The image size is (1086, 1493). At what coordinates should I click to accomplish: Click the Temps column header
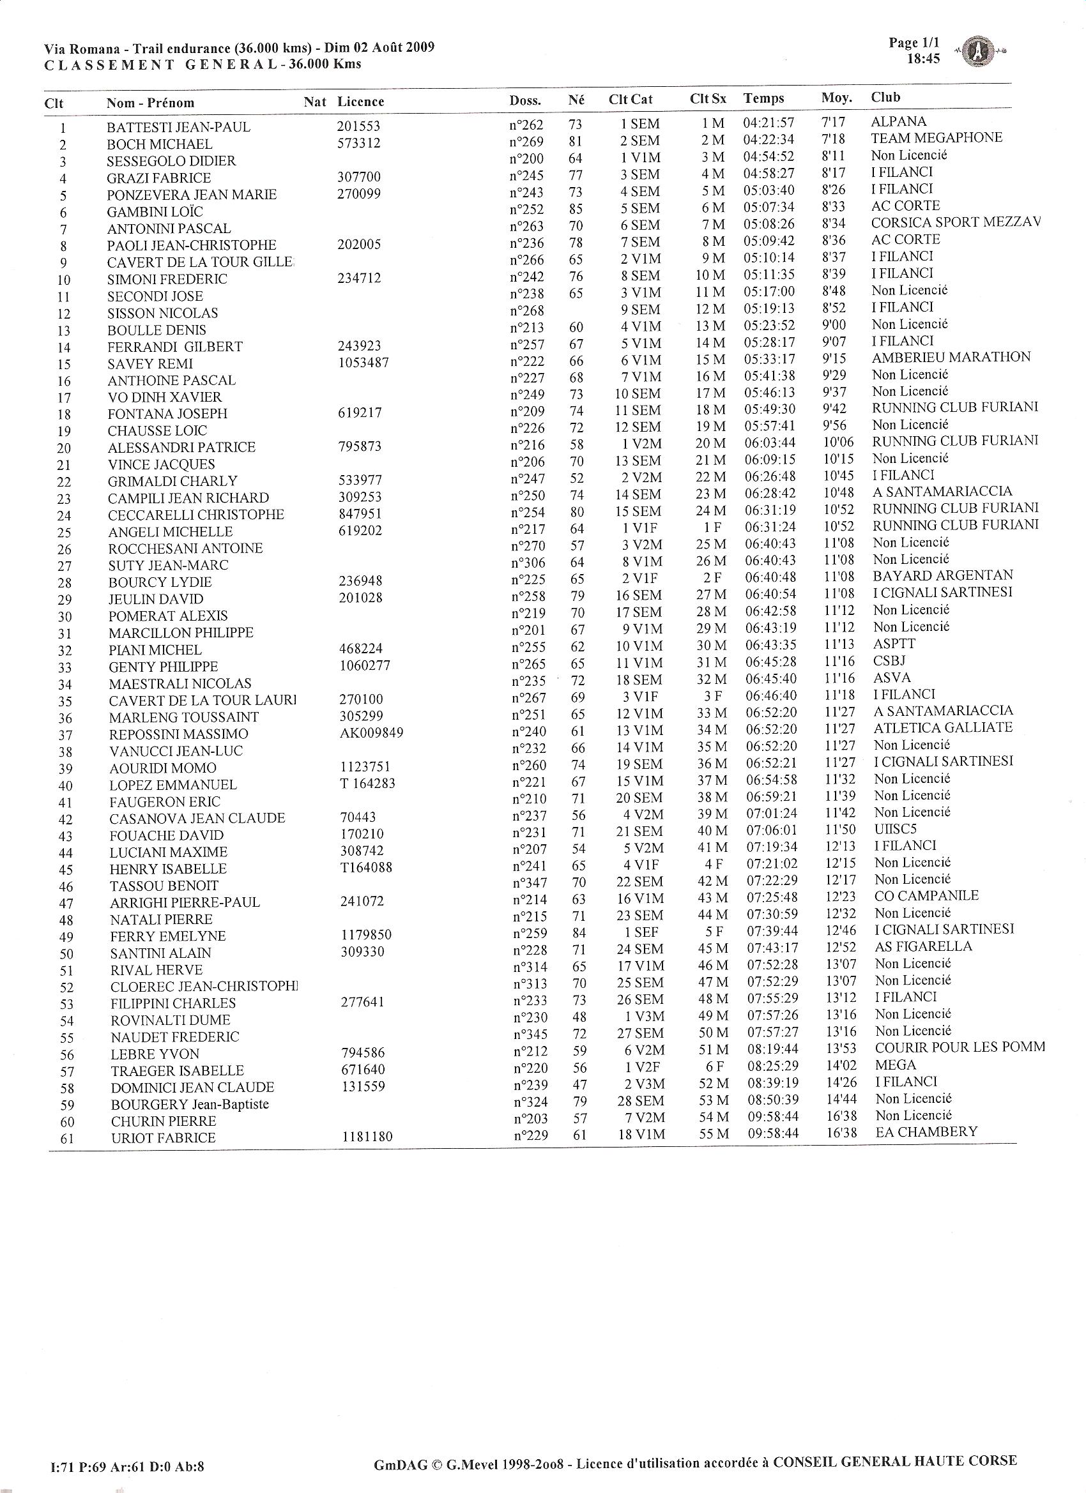click(x=763, y=99)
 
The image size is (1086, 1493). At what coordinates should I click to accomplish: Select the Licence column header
click(x=360, y=102)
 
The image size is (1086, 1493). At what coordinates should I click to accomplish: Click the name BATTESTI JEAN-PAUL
click(x=178, y=127)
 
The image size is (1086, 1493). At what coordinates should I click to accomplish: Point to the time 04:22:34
click(x=769, y=140)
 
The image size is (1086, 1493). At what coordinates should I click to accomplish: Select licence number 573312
click(x=358, y=143)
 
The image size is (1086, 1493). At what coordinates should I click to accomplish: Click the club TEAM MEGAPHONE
click(x=936, y=138)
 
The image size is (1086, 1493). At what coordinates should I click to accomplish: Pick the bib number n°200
click(x=526, y=158)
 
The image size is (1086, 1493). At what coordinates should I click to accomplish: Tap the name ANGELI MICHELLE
click(x=170, y=531)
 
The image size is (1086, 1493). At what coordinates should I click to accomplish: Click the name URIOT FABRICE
click(x=163, y=1137)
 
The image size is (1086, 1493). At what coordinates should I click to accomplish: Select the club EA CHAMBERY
click(x=926, y=1132)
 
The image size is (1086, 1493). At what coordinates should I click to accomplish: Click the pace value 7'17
click(x=833, y=123)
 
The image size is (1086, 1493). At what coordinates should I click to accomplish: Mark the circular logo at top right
click(x=978, y=52)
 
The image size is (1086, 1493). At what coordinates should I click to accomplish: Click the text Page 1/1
click(x=914, y=43)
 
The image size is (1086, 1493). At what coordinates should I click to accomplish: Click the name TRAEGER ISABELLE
click(x=177, y=1070)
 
